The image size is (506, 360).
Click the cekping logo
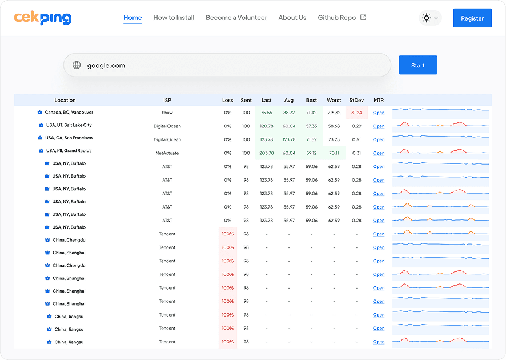pos(43,18)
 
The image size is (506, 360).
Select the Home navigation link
pos(132,18)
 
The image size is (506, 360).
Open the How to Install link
pos(174,18)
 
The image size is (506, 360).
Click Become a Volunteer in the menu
pos(236,18)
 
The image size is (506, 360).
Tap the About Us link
pos(292,18)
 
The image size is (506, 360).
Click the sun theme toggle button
pos(430,18)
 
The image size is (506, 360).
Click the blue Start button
pos(417,65)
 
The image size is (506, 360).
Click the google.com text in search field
pos(106,65)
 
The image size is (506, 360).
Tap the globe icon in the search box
pos(77,65)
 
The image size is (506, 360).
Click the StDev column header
pos(356,100)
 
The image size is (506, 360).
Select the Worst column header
pos(334,100)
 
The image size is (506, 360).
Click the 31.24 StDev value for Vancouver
pos(356,113)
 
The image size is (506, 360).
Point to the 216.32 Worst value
pos(334,113)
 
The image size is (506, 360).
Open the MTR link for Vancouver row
pos(379,113)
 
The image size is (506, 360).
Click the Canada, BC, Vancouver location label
pos(69,113)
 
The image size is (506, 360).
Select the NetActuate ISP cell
pos(167,153)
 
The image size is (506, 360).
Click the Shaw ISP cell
pos(167,113)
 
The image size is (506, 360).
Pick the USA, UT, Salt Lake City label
pos(69,125)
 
